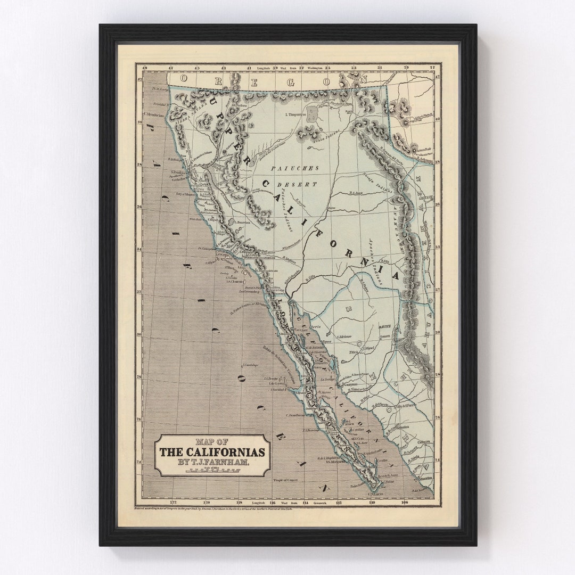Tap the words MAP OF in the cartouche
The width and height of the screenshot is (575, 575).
pyautogui.click(x=212, y=441)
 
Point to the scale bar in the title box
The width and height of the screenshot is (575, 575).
pyautogui.click(x=213, y=471)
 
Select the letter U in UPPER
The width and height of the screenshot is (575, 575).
pyautogui.click(x=212, y=100)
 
